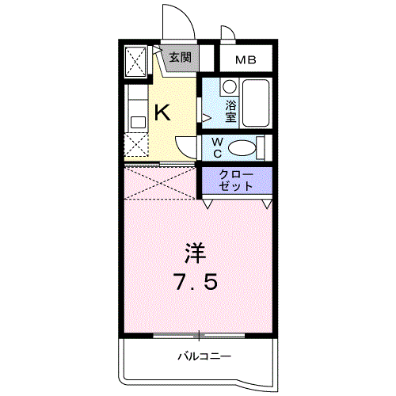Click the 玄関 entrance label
(180, 58)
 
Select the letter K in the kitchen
(162, 113)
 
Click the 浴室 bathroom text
(231, 111)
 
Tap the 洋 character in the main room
(196, 253)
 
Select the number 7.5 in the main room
(196, 282)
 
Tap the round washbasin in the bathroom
(228, 86)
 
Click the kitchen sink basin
(136, 122)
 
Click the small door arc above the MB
(227, 34)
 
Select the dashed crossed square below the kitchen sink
(136, 146)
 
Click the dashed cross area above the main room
(161, 182)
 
